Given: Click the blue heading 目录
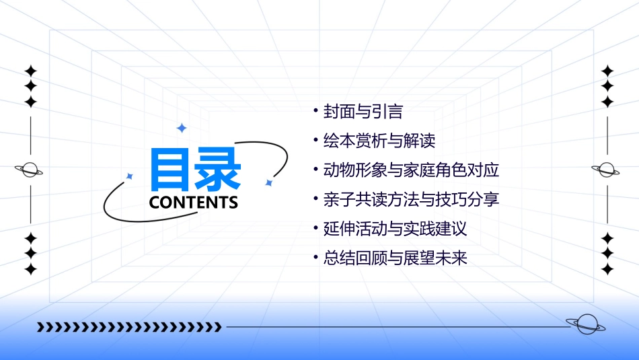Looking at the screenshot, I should click(x=195, y=170).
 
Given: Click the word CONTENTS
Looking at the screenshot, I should click(x=194, y=203).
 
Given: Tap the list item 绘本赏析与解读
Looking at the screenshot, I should click(x=379, y=141).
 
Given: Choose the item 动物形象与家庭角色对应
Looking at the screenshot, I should click(x=411, y=170).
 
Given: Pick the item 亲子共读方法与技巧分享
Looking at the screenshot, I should click(x=411, y=200).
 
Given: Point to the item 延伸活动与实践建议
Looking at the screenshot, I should click(x=395, y=229).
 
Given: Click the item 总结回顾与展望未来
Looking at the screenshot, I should click(x=395, y=258).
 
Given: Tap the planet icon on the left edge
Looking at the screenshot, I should click(x=30, y=170).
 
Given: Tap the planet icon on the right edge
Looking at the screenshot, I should click(x=607, y=170).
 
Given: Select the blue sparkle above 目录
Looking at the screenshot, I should click(x=181, y=128).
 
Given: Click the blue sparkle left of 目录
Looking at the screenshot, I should click(x=130, y=176).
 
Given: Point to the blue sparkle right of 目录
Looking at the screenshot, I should click(x=268, y=182).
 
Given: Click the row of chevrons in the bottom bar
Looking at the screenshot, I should click(x=129, y=328).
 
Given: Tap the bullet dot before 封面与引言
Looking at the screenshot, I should click(x=315, y=110).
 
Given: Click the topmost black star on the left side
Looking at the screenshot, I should click(x=30, y=71).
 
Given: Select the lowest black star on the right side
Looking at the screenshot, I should click(x=607, y=269).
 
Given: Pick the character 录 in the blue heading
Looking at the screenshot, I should click(x=218, y=170).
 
